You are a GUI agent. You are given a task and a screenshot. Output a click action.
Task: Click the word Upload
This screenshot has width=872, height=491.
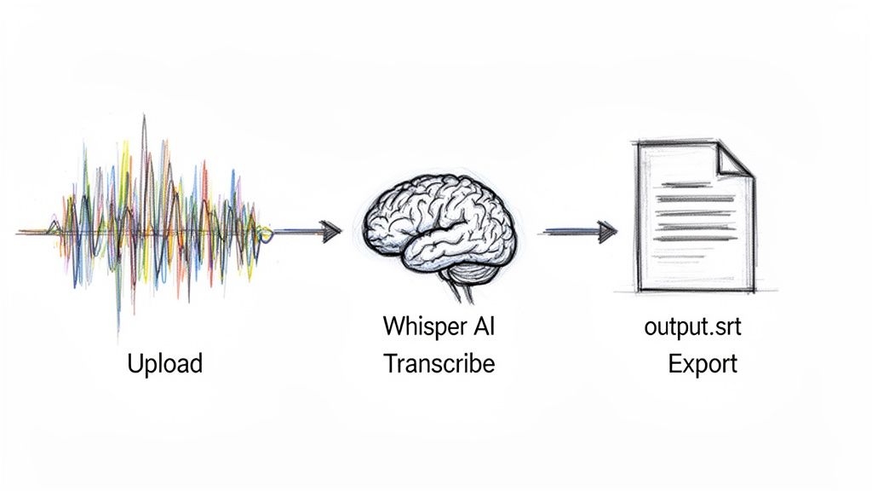click(x=164, y=365)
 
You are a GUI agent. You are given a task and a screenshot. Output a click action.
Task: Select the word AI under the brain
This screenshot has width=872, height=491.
click(x=481, y=326)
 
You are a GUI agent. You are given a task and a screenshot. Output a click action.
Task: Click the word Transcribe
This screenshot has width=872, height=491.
click(x=439, y=364)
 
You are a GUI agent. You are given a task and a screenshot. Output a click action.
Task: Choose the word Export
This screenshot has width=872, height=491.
click(x=703, y=365)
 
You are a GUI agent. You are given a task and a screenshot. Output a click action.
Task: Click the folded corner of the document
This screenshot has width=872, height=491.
click(x=734, y=161)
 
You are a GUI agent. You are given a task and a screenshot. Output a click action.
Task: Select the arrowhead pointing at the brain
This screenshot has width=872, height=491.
click(x=330, y=231)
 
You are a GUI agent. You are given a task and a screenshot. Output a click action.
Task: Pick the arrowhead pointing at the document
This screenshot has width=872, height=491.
click(x=606, y=230)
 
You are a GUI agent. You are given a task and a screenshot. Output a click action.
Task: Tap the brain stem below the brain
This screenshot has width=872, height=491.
click(x=465, y=290)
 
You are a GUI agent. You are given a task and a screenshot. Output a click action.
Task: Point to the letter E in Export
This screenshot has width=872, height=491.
click(x=674, y=364)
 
